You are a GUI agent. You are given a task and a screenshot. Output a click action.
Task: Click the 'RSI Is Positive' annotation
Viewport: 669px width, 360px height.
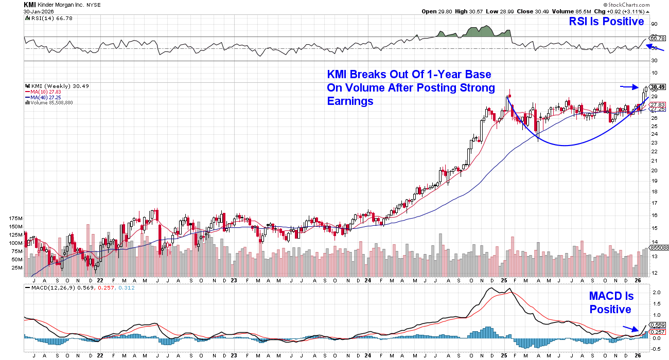point(606,22)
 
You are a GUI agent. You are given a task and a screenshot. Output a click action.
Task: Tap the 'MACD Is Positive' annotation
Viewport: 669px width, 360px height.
point(611,303)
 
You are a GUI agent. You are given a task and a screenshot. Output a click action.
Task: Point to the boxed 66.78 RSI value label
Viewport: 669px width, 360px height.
point(657,38)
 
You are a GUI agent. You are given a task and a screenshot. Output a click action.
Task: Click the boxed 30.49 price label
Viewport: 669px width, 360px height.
point(657,87)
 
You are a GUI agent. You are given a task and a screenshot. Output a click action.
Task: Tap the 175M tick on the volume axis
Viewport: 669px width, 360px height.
point(16,219)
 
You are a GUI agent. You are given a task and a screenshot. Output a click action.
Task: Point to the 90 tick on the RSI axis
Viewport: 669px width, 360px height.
point(655,24)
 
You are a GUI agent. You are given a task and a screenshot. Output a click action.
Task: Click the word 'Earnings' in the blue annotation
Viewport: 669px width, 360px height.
point(350,101)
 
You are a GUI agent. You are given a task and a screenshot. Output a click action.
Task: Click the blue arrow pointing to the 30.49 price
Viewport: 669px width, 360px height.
point(628,86)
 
